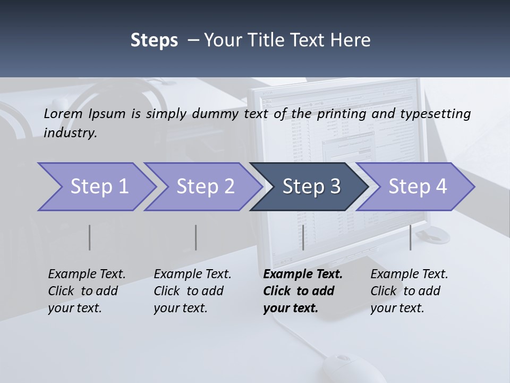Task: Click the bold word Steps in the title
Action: (x=154, y=40)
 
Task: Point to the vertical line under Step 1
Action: (x=90, y=237)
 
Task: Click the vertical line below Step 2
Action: (x=196, y=237)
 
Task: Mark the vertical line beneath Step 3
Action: (x=303, y=237)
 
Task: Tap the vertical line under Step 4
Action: (x=410, y=237)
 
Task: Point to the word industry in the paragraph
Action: (x=70, y=133)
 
